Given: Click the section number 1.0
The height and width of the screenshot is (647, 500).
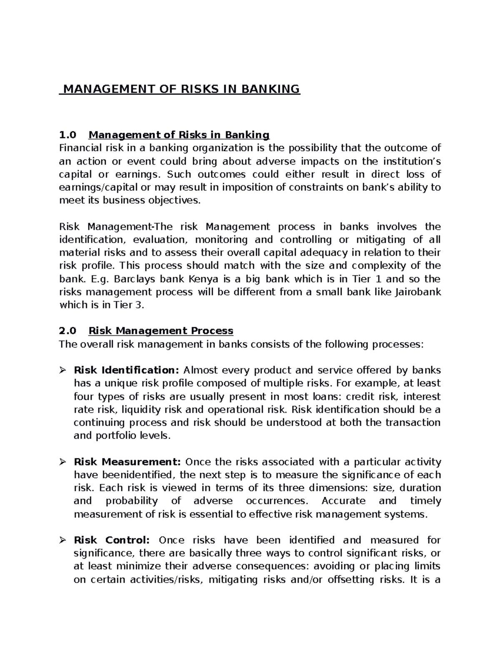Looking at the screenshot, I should point(68,135).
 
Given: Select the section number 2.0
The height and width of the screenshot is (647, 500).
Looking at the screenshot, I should point(68,331).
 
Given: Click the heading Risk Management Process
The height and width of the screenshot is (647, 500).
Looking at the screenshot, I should point(161,331).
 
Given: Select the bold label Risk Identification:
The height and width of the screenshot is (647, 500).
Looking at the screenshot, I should point(126,370).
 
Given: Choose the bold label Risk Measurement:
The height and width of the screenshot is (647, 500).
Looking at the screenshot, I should point(127,462).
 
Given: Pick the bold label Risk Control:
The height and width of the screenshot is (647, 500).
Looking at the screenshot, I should point(111,540).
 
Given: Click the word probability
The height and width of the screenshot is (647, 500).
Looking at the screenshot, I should point(132,501).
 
